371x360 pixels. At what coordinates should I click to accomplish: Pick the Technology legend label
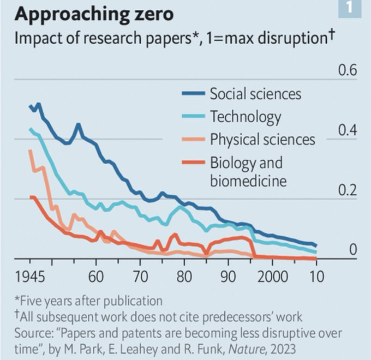coord(246,116)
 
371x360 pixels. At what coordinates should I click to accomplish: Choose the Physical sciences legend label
coord(262,139)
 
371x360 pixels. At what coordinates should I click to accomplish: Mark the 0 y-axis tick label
coord(352,250)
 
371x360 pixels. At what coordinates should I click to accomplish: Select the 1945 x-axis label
coord(31,274)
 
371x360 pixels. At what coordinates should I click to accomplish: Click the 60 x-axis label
coord(96,274)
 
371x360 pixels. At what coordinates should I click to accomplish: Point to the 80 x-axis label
coord(184,274)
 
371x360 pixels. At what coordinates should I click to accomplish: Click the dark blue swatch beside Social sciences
coord(194,94)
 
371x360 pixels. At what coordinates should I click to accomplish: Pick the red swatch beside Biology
coord(194,163)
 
